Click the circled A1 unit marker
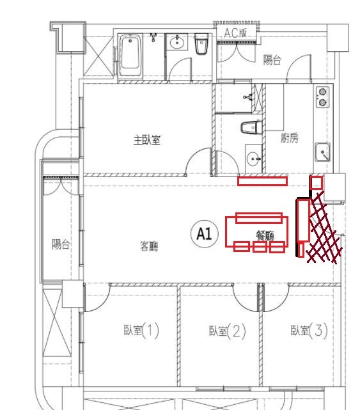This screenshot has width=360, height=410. [205, 233]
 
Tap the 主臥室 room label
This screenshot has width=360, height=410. [146, 140]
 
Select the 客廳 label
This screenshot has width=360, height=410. [149, 246]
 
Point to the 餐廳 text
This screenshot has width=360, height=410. [265, 236]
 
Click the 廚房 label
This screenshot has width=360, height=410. [289, 138]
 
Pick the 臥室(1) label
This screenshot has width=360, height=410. [141, 331]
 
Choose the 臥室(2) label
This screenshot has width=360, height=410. [228, 331]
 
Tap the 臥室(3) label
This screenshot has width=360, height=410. [309, 330]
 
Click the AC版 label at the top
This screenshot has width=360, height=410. [235, 33]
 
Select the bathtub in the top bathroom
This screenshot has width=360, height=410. [130, 56]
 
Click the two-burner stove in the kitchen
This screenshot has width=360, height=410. [323, 97]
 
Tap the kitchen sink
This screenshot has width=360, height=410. [322, 152]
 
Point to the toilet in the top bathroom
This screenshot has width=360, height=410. [201, 43]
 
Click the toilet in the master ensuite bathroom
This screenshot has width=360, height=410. [251, 127]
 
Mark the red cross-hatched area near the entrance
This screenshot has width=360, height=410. [324, 227]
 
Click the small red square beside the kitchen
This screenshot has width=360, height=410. [316, 183]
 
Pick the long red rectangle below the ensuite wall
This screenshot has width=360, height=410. [262, 181]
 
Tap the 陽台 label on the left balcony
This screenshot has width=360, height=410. [60, 244]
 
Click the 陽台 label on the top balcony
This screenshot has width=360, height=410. [272, 60]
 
